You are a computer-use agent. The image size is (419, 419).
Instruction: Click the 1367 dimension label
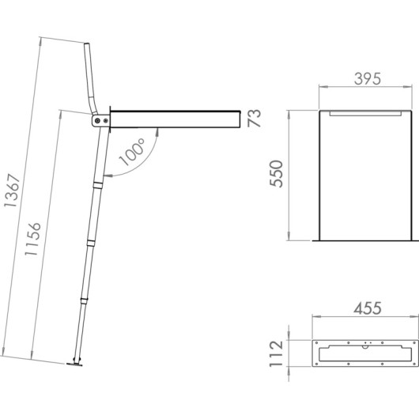(x=12, y=191)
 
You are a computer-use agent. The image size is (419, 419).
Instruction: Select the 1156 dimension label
(x=32, y=239)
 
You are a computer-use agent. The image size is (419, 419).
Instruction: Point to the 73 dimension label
(x=253, y=118)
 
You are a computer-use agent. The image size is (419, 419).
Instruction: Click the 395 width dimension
(x=368, y=79)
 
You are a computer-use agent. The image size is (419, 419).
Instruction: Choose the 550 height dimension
(x=276, y=174)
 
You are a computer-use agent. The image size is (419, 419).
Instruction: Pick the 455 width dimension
(x=368, y=308)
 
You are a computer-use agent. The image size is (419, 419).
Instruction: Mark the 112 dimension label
(x=276, y=353)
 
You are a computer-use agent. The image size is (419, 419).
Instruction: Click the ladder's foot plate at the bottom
(x=74, y=364)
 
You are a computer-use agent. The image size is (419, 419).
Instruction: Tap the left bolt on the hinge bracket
(x=97, y=121)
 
